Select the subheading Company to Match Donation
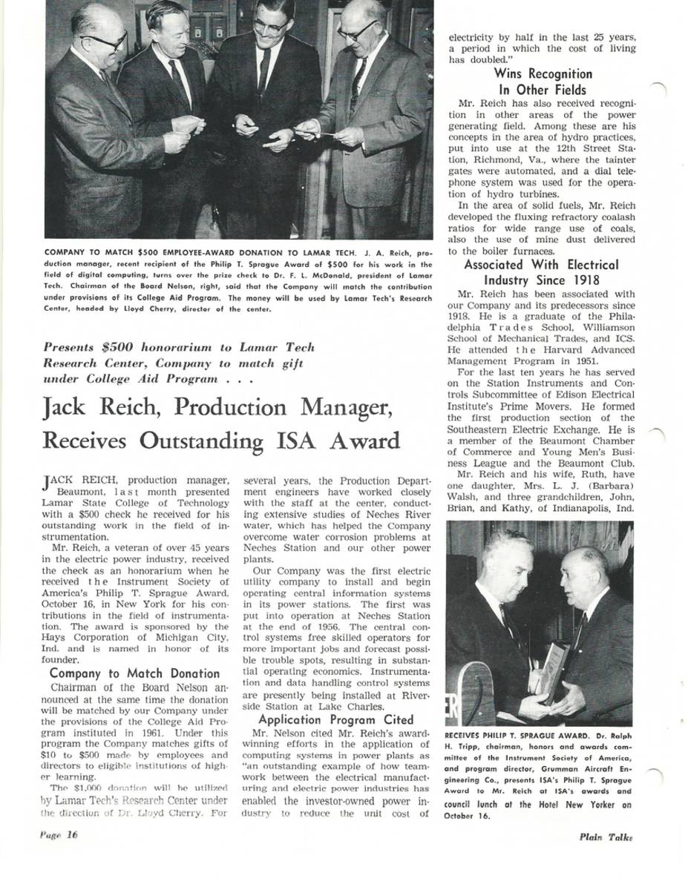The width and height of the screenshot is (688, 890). [134, 673]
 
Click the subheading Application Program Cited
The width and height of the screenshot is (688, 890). [336, 719]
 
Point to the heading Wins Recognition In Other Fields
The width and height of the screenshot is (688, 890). [543, 82]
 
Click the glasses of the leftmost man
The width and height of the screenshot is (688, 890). [105, 42]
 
